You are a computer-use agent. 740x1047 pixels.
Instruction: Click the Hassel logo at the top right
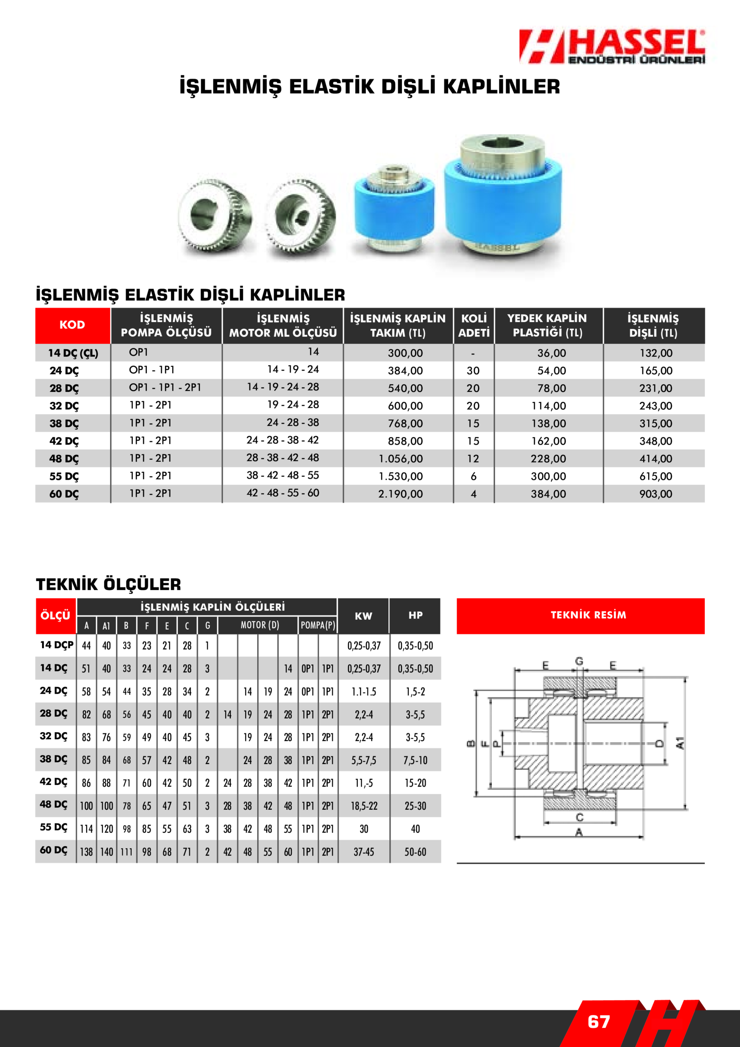point(612,47)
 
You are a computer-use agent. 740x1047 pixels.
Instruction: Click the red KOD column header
point(72,325)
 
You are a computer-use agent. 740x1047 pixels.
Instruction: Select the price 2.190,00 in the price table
point(400,494)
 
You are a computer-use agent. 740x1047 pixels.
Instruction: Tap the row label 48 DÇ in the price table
point(64,459)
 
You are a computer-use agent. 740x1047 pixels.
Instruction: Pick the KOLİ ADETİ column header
point(474,325)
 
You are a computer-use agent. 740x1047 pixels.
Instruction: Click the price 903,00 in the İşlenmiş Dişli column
point(655,494)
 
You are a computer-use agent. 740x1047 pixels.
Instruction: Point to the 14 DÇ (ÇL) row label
point(73,353)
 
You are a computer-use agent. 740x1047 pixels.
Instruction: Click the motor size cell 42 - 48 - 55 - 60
point(283,493)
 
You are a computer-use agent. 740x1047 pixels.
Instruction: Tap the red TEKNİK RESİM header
point(588,615)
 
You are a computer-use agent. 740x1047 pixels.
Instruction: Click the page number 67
point(598,1022)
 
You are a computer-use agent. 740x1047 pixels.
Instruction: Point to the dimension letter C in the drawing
point(579,817)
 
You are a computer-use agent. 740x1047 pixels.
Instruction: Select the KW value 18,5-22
point(364,806)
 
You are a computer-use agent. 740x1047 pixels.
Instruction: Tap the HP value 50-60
point(415,852)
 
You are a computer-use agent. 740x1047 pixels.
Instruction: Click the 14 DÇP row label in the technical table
point(56,645)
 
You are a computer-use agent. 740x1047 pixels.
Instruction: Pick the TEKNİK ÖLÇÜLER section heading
point(108,584)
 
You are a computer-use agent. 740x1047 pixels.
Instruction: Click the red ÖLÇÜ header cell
point(55,616)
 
